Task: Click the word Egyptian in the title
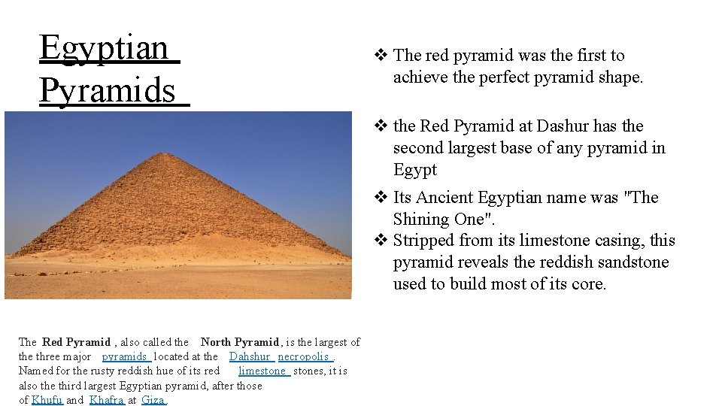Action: pos(104,48)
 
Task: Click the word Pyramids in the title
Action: pos(107,91)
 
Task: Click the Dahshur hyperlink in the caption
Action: pos(250,356)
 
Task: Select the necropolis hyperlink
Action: pos(303,356)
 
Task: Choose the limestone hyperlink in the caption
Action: pos(262,371)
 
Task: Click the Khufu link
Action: pos(47,400)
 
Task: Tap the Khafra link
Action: pos(106,400)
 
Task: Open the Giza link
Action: pos(153,400)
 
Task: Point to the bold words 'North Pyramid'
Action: pos(240,342)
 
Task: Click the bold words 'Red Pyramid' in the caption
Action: pos(76,342)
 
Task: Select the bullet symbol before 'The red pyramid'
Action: pos(381,55)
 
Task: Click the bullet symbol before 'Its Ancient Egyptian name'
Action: pos(381,198)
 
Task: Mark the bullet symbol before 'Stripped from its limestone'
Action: pos(381,241)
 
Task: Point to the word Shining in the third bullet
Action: pos(420,219)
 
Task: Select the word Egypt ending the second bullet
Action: pos(414,170)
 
